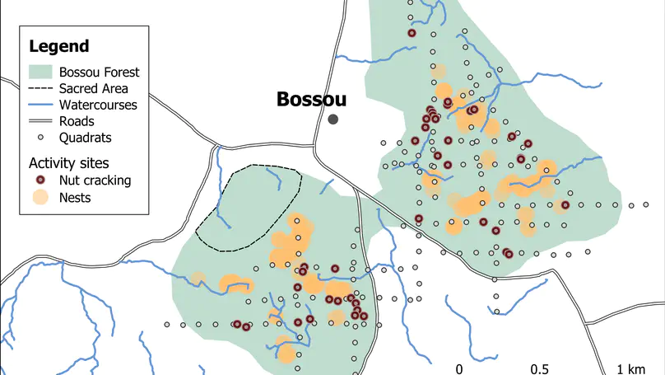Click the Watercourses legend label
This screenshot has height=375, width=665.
(x=98, y=105)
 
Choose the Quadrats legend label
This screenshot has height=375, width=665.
(x=86, y=138)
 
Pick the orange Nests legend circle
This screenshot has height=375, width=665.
(x=40, y=198)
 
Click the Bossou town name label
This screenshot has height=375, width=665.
(x=311, y=100)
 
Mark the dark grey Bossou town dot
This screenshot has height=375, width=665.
(x=333, y=120)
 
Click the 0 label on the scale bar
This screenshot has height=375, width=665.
(x=459, y=368)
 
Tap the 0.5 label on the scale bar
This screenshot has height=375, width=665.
(x=540, y=368)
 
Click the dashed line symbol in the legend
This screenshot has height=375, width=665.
(x=40, y=88)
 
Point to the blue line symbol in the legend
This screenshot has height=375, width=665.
(x=40, y=105)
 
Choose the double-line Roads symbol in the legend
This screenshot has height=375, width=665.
(x=40, y=121)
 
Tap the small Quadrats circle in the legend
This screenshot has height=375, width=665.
(x=40, y=138)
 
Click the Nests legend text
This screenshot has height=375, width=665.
(x=75, y=198)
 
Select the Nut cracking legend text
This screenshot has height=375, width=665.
(x=95, y=180)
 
